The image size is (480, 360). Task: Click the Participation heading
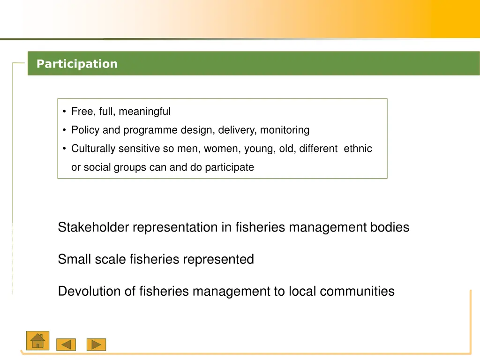click(x=77, y=64)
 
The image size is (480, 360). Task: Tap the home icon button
click(x=37, y=341)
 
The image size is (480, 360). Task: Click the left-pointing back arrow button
click(x=66, y=345)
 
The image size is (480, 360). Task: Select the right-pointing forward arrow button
click(x=96, y=345)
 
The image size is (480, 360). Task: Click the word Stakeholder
click(x=93, y=227)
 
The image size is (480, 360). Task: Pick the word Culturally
click(x=93, y=149)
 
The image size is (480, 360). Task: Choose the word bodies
click(x=390, y=227)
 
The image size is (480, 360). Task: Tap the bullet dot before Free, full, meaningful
click(x=64, y=112)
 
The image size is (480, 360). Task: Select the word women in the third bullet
click(x=217, y=149)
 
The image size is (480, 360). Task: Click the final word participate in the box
click(x=229, y=167)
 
